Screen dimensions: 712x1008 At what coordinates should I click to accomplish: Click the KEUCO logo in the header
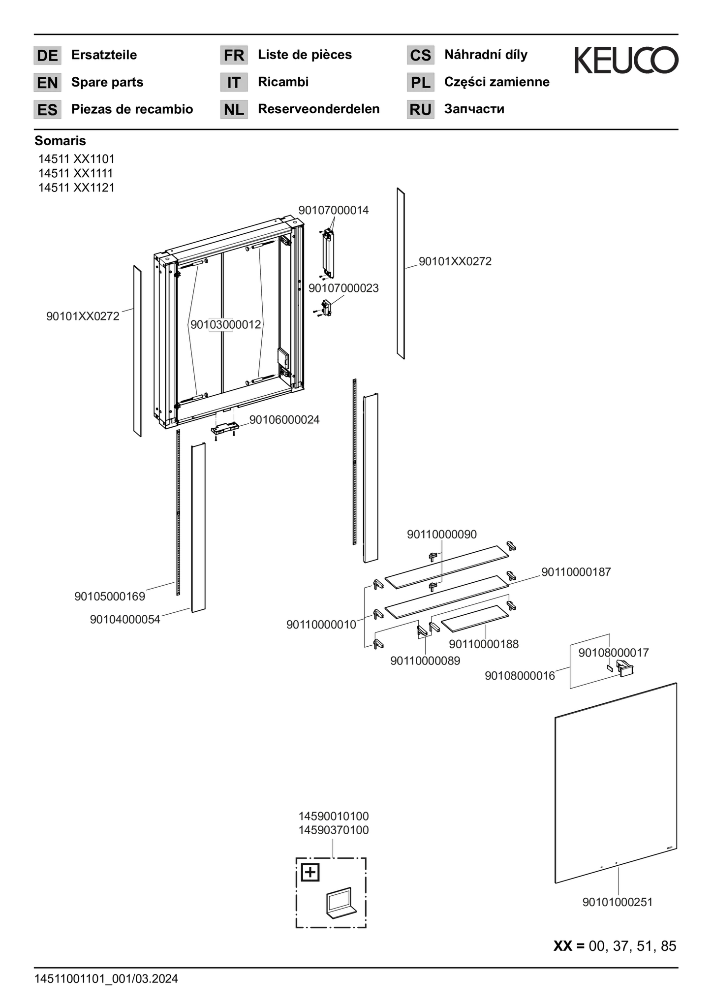point(626,60)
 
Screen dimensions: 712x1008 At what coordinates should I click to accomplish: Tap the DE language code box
point(47,55)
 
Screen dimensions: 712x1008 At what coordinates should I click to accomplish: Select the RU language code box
point(420,109)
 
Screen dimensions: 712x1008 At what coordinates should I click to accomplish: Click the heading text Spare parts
point(107,82)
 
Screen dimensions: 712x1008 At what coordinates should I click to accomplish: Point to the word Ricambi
point(283,82)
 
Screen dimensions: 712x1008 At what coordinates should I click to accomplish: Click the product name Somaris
point(60,141)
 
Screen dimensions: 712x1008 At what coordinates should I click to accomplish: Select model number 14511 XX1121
point(76,188)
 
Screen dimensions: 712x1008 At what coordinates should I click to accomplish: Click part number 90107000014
point(334,210)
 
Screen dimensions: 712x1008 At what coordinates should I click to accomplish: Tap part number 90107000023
point(343,288)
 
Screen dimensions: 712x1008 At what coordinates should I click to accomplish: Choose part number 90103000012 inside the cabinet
point(226,324)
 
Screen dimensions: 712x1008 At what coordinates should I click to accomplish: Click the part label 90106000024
point(284,420)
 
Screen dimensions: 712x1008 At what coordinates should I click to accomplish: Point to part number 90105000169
point(110,597)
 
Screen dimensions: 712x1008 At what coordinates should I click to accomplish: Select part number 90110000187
point(576,572)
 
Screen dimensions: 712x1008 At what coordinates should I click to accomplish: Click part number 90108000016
point(520,676)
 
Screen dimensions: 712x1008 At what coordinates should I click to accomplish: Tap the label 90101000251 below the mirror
point(618,902)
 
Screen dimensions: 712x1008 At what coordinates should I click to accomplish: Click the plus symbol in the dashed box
point(310,873)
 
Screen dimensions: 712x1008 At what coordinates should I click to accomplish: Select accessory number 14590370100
point(334,830)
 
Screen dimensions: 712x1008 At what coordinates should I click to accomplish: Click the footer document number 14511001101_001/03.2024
point(106,978)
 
